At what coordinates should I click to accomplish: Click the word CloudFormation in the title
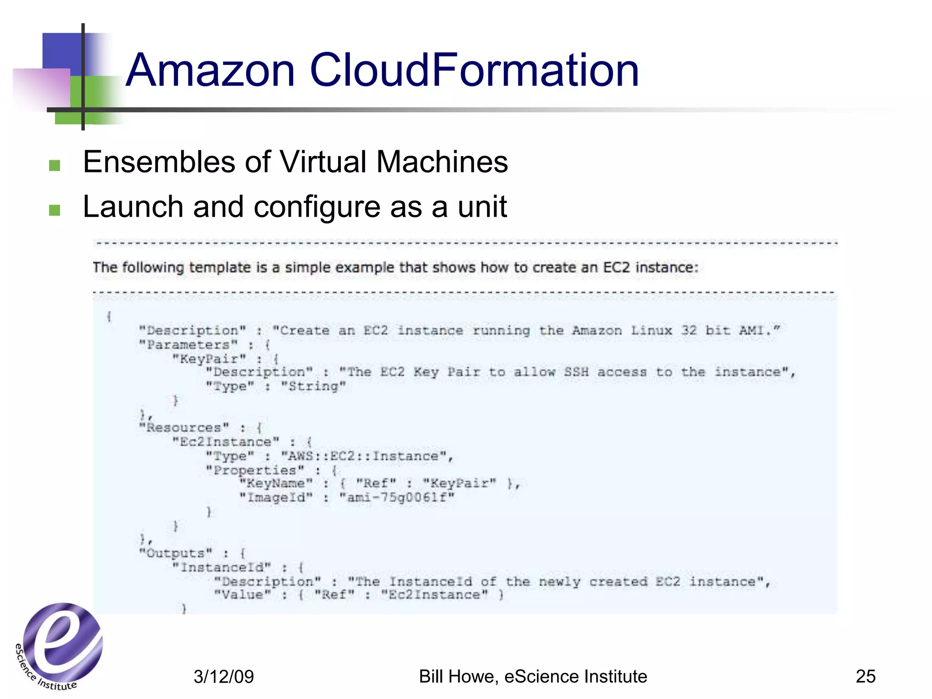[x=474, y=71]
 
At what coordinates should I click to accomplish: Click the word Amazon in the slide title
[x=211, y=71]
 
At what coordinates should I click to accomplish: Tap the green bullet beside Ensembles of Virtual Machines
[x=55, y=165]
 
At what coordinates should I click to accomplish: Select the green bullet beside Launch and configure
[x=55, y=209]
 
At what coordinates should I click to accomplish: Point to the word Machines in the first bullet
[x=442, y=162]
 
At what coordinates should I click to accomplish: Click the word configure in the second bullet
[x=316, y=208]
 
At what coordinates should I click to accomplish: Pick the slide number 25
[x=865, y=676]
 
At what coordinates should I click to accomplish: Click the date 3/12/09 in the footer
[x=223, y=677]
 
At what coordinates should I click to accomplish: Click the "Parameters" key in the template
[x=188, y=344]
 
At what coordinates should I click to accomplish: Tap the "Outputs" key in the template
[x=176, y=553]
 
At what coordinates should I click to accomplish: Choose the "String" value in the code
[x=314, y=386]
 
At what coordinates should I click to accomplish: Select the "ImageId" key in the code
[x=276, y=497]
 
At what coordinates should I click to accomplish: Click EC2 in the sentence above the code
[x=617, y=267]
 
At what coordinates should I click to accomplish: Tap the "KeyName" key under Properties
[x=276, y=483]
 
